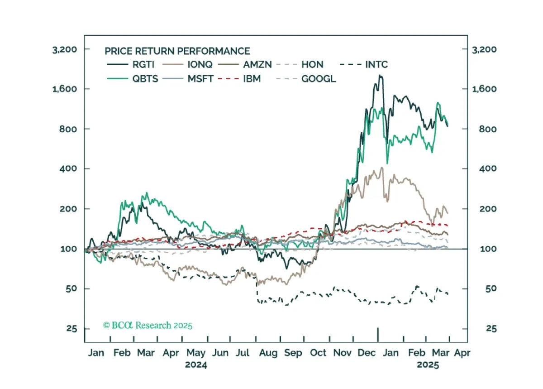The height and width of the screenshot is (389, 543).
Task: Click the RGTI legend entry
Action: pyautogui.click(x=131, y=65)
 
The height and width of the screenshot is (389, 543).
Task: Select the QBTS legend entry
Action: pyautogui.click(x=133, y=79)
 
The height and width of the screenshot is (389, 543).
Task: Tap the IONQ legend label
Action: pyautogui.click(x=200, y=65)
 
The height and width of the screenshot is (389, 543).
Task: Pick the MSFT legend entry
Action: pyautogui.click(x=188, y=79)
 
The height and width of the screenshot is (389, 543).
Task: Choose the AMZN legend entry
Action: pyautogui.click(x=245, y=65)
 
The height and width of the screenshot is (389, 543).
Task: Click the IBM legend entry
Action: pyautogui.click(x=239, y=79)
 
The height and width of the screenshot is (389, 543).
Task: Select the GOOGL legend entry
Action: pyautogui.click(x=306, y=79)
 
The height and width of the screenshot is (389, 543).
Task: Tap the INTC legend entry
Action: pyautogui.click(x=364, y=65)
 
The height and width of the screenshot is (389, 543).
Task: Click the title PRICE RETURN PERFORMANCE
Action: pyautogui.click(x=177, y=51)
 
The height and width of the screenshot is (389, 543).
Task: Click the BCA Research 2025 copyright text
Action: pyautogui.click(x=148, y=325)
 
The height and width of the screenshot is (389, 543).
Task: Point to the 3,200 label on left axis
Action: pyautogui.click(x=64, y=50)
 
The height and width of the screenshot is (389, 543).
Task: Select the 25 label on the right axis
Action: pyautogui.click(x=491, y=329)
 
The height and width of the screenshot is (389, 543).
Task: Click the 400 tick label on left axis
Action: pyautogui.click(x=68, y=168)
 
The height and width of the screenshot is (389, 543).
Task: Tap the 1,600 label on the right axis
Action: pyautogui.click(x=484, y=89)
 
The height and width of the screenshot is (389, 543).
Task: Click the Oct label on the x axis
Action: pyautogui.click(x=318, y=353)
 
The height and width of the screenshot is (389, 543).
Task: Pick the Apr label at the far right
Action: pyautogui.click(x=462, y=353)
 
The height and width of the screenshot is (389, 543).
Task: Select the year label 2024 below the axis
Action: pyautogui.click(x=196, y=365)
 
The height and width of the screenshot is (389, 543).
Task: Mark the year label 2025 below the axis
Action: pyautogui.click(x=428, y=365)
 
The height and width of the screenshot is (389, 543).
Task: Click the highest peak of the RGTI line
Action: pyautogui.click(x=380, y=76)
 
